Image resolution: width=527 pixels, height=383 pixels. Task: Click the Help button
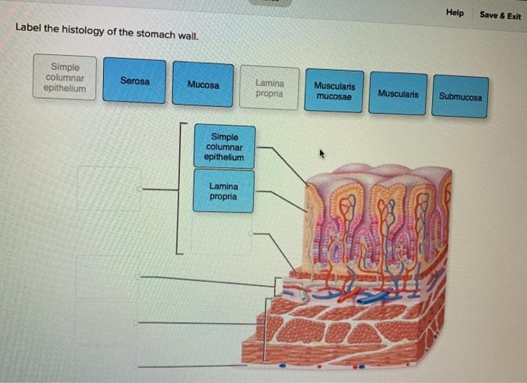coord(455,13)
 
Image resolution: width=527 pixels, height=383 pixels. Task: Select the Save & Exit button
coord(500,15)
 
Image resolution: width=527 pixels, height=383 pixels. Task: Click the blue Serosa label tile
coord(134,80)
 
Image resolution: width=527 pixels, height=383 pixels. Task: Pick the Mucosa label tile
coord(203,84)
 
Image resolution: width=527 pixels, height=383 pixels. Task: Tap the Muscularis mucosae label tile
coord(334,91)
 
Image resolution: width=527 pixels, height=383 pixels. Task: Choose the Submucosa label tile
coord(460,97)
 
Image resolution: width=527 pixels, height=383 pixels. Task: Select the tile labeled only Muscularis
coord(398,93)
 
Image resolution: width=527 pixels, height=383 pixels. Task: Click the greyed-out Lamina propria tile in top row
coord(270,88)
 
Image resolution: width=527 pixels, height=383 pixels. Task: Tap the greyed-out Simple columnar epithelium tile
coord(65,78)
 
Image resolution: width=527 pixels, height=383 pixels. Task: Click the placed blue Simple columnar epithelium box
coord(224,147)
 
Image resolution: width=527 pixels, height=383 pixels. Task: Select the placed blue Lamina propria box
coord(223,191)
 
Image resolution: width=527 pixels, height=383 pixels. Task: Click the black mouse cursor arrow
coord(322,155)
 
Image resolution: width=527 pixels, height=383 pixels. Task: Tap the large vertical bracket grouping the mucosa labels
coord(178,188)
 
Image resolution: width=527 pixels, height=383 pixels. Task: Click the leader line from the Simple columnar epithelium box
coord(289,164)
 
